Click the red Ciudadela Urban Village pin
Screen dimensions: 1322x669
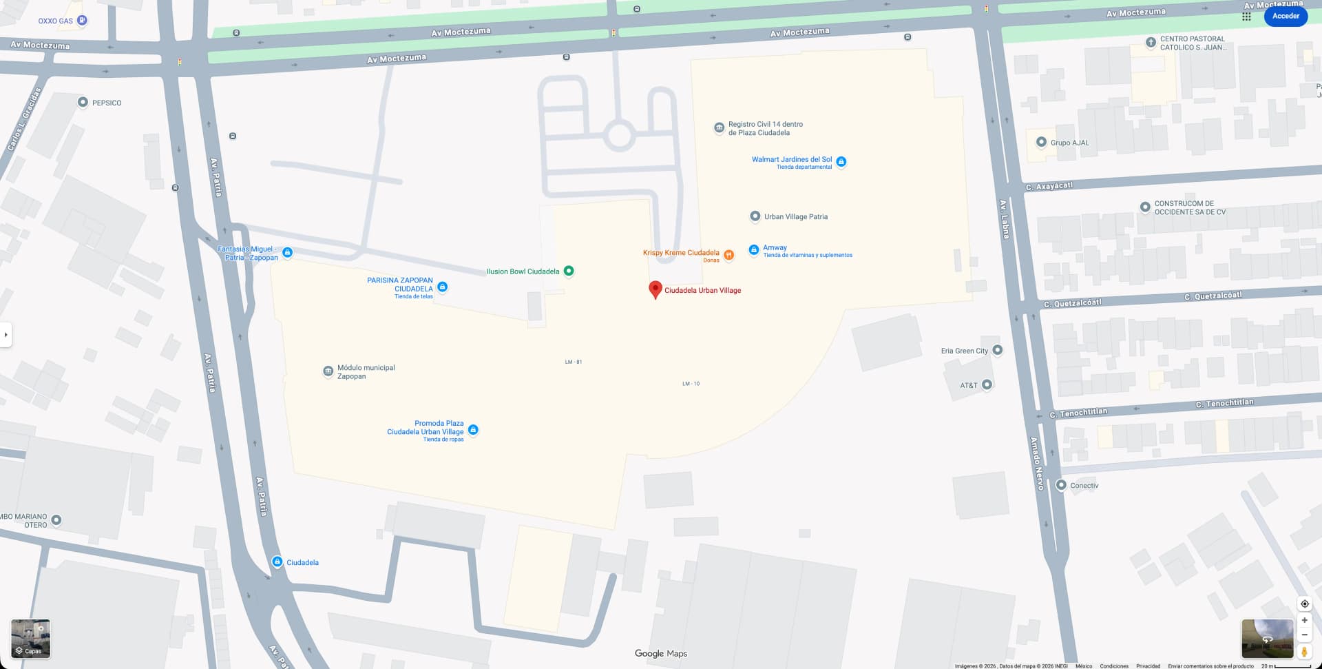[655, 289]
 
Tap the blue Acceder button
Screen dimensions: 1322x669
[1286, 16]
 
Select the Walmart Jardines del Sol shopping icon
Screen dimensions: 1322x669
[841, 162]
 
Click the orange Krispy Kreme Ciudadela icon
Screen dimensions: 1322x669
[728, 255]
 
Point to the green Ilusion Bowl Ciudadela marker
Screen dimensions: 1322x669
[569, 271]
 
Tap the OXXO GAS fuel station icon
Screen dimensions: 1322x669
[82, 21]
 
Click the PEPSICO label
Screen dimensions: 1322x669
[107, 103]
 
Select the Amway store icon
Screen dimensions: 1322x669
[754, 249]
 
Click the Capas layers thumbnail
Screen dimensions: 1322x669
[31, 639]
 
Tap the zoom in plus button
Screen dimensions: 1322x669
[1304, 620]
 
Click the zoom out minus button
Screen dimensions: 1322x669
[1304, 635]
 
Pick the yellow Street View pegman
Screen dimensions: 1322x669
[1304, 651]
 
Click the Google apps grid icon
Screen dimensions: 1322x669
[1246, 17]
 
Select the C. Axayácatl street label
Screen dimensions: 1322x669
[1049, 186]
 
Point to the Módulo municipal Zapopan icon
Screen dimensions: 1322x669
[328, 371]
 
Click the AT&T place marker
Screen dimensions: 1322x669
[987, 384]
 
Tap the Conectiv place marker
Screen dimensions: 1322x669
[1061, 485]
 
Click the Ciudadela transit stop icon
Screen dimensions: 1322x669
[277, 562]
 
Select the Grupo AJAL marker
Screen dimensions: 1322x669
[1041, 142]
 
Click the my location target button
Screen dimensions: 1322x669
[1304, 604]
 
